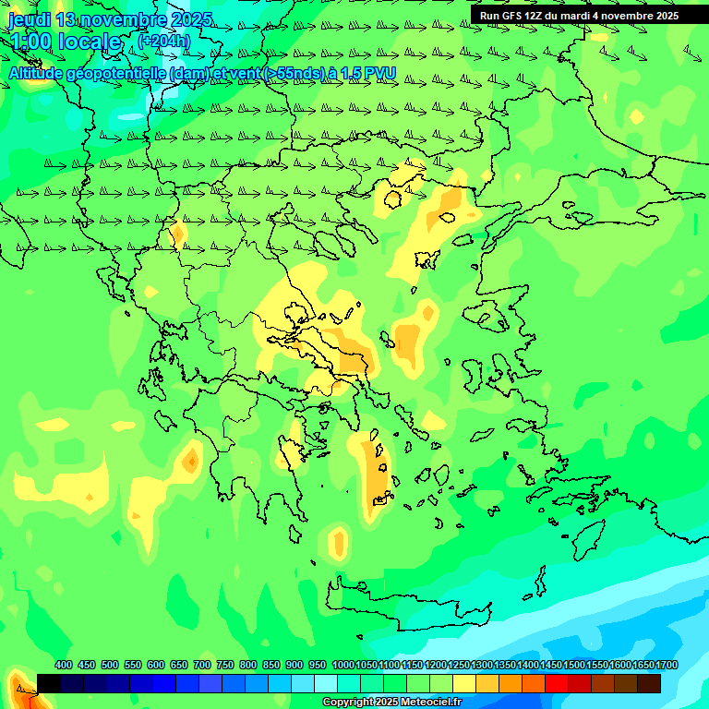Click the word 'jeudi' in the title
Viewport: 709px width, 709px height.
30,19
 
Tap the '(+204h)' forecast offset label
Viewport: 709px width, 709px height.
163,41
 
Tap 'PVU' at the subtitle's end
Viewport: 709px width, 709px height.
379,73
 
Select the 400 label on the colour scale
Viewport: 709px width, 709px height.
64,665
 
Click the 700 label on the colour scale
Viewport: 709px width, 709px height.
202,665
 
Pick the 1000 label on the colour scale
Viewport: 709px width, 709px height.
342,665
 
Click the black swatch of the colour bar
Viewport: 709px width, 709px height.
49,683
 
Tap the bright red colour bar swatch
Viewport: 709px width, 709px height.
557,683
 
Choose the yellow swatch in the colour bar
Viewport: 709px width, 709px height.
464,683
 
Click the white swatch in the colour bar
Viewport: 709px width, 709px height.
326,683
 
